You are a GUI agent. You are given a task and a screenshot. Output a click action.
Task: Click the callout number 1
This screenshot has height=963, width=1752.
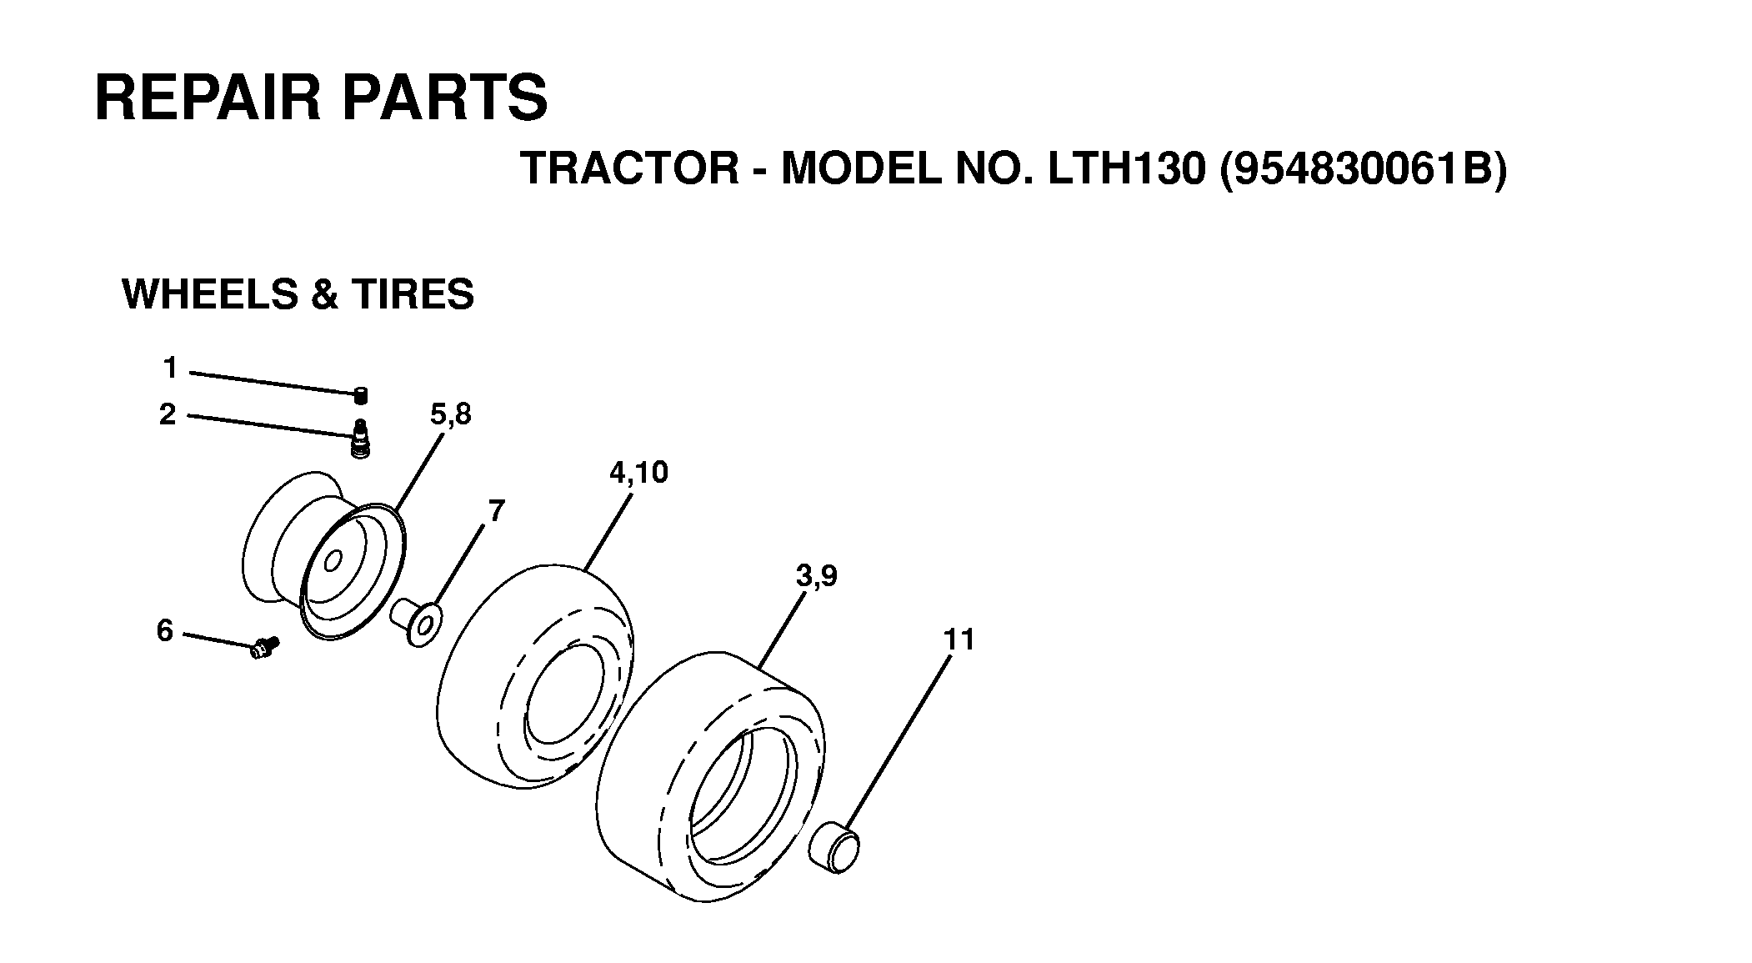170,367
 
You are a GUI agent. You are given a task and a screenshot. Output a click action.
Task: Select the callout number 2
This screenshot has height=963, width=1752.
168,414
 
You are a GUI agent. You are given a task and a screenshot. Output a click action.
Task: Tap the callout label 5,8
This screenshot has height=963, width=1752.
450,414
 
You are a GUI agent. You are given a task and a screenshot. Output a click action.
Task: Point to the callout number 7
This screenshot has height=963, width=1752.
496,510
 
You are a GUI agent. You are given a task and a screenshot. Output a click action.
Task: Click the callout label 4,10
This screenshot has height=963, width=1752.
638,473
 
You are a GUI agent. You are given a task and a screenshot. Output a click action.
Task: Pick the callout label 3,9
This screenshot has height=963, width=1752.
816,575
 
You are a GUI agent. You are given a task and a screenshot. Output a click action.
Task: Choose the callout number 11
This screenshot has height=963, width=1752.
959,639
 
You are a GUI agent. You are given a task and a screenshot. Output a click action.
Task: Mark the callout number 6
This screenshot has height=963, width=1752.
165,630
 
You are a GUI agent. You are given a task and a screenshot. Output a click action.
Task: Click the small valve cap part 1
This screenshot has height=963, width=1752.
361,395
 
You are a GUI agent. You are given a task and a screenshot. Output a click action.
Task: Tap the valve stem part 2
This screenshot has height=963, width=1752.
361,439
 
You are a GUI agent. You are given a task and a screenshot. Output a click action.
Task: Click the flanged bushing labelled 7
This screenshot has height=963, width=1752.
417,620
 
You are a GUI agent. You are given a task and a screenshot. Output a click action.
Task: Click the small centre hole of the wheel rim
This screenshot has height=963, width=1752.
333,560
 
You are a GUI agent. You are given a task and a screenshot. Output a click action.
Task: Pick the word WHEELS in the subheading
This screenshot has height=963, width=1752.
212,294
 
